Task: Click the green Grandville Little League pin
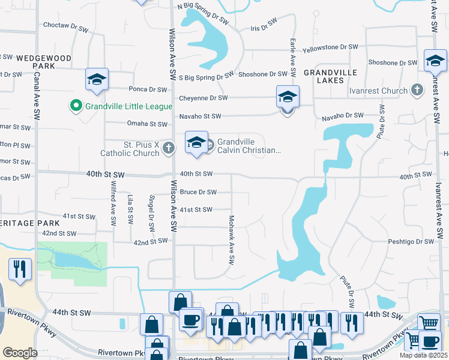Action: [76, 106]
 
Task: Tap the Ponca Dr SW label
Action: [148, 89]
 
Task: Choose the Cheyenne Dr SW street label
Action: [203, 98]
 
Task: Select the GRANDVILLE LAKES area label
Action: [330, 76]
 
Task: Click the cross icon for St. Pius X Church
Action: [169, 148]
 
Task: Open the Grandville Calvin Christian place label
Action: [249, 146]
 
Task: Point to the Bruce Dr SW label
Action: [197, 192]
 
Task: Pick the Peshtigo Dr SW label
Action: [410, 241]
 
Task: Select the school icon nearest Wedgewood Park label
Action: [97, 80]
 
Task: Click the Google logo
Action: [20, 353]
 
